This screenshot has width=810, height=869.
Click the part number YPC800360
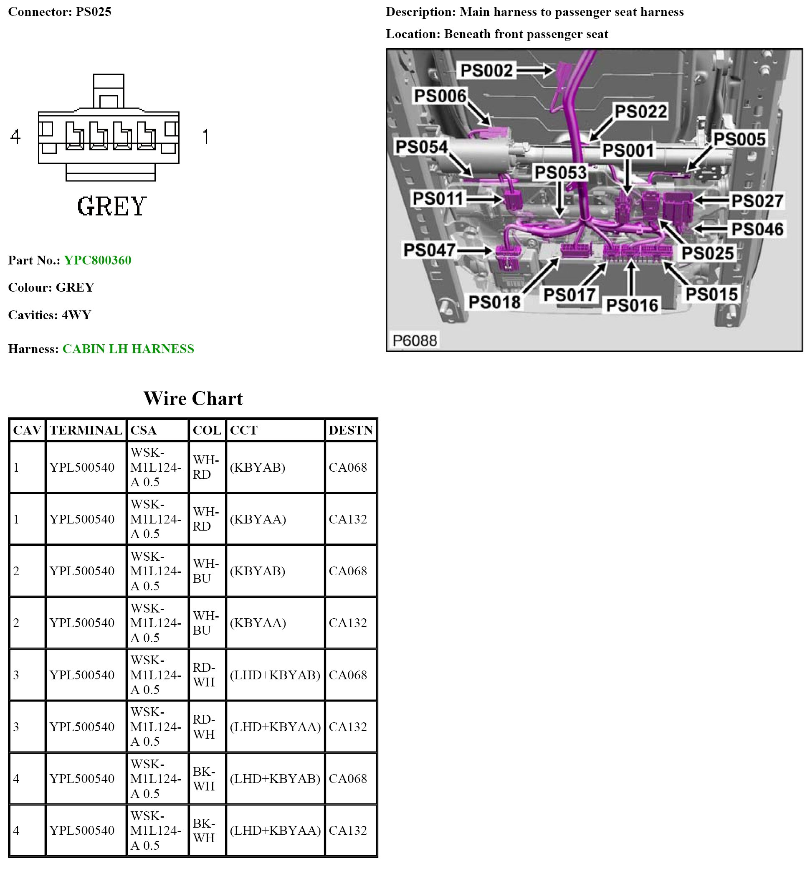pyautogui.click(x=97, y=261)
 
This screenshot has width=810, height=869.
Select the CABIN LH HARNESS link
pyautogui.click(x=128, y=349)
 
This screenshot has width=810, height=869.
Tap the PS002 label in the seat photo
pyautogui.click(x=486, y=70)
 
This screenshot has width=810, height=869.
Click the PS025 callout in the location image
pyautogui.click(x=707, y=253)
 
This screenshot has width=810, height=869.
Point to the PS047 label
pyautogui.click(x=429, y=250)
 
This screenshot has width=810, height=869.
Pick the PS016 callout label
pyautogui.click(x=632, y=305)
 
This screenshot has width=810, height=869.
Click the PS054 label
pyautogui.click(x=421, y=147)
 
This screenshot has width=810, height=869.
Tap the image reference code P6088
pyautogui.click(x=414, y=340)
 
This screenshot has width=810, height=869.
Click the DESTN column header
pyautogui.click(x=350, y=430)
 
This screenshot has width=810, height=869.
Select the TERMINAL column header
pyautogui.click(x=86, y=430)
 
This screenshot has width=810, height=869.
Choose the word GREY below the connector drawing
pyautogui.click(x=111, y=206)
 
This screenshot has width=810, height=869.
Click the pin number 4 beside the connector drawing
pyautogui.click(x=16, y=136)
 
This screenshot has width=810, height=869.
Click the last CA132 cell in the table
pyautogui.click(x=348, y=831)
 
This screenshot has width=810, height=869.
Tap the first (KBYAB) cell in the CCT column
pyautogui.click(x=257, y=467)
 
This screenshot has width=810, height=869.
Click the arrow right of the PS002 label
pyautogui.click(x=536, y=70)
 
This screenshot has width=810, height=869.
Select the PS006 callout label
pyautogui.click(x=440, y=96)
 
